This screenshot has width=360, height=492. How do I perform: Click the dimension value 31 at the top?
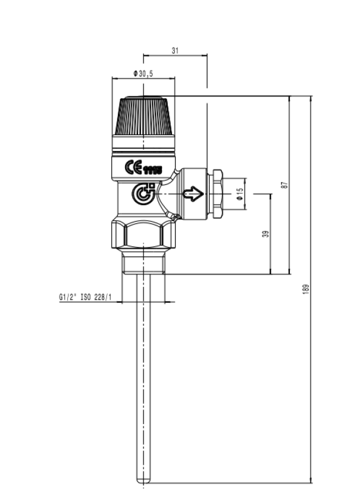(175, 51)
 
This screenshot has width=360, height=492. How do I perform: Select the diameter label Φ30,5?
(143, 73)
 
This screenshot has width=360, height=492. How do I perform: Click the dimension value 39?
(266, 233)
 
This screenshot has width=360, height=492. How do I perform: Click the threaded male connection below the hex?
(145, 262)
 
